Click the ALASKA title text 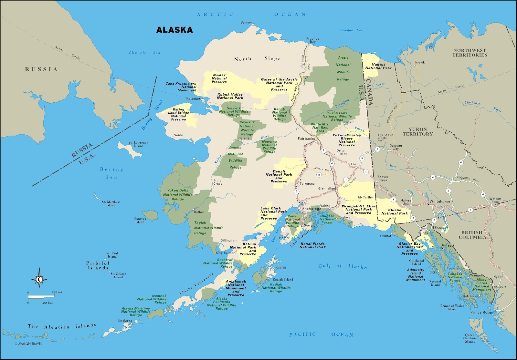[x=174, y=30]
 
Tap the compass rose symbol [x=39, y=278]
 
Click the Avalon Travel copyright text [x=28, y=344]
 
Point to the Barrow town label [x=246, y=22]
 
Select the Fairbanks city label [x=306, y=139]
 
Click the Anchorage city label [x=311, y=209]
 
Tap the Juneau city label [x=448, y=245]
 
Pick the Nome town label [x=178, y=135]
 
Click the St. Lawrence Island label [x=138, y=144]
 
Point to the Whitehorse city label [x=439, y=201]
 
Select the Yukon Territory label [x=417, y=131]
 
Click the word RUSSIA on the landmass [x=41, y=69]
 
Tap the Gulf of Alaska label [x=343, y=266]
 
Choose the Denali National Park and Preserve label [x=279, y=176]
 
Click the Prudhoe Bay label [x=312, y=40]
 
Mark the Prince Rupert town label [x=482, y=312]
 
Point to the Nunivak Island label [x=140, y=220]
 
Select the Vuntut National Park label [x=378, y=66]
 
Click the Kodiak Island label [x=283, y=279]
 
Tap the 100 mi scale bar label [x=57, y=292]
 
